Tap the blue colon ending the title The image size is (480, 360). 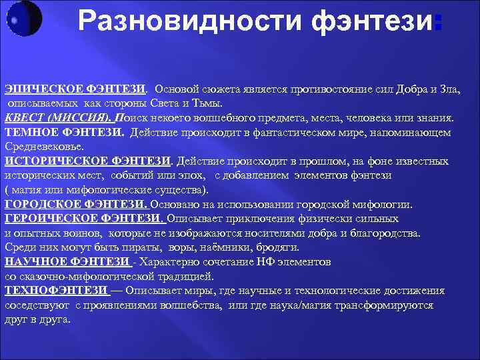tap(437, 24)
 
